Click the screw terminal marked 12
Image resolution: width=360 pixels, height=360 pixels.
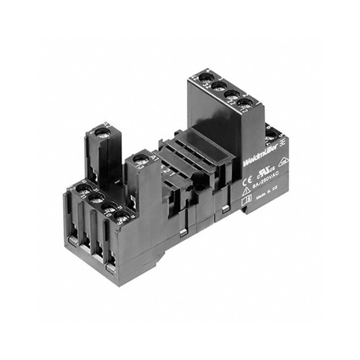pos(243,104)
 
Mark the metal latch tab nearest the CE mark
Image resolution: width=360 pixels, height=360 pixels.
pos(225,207)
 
